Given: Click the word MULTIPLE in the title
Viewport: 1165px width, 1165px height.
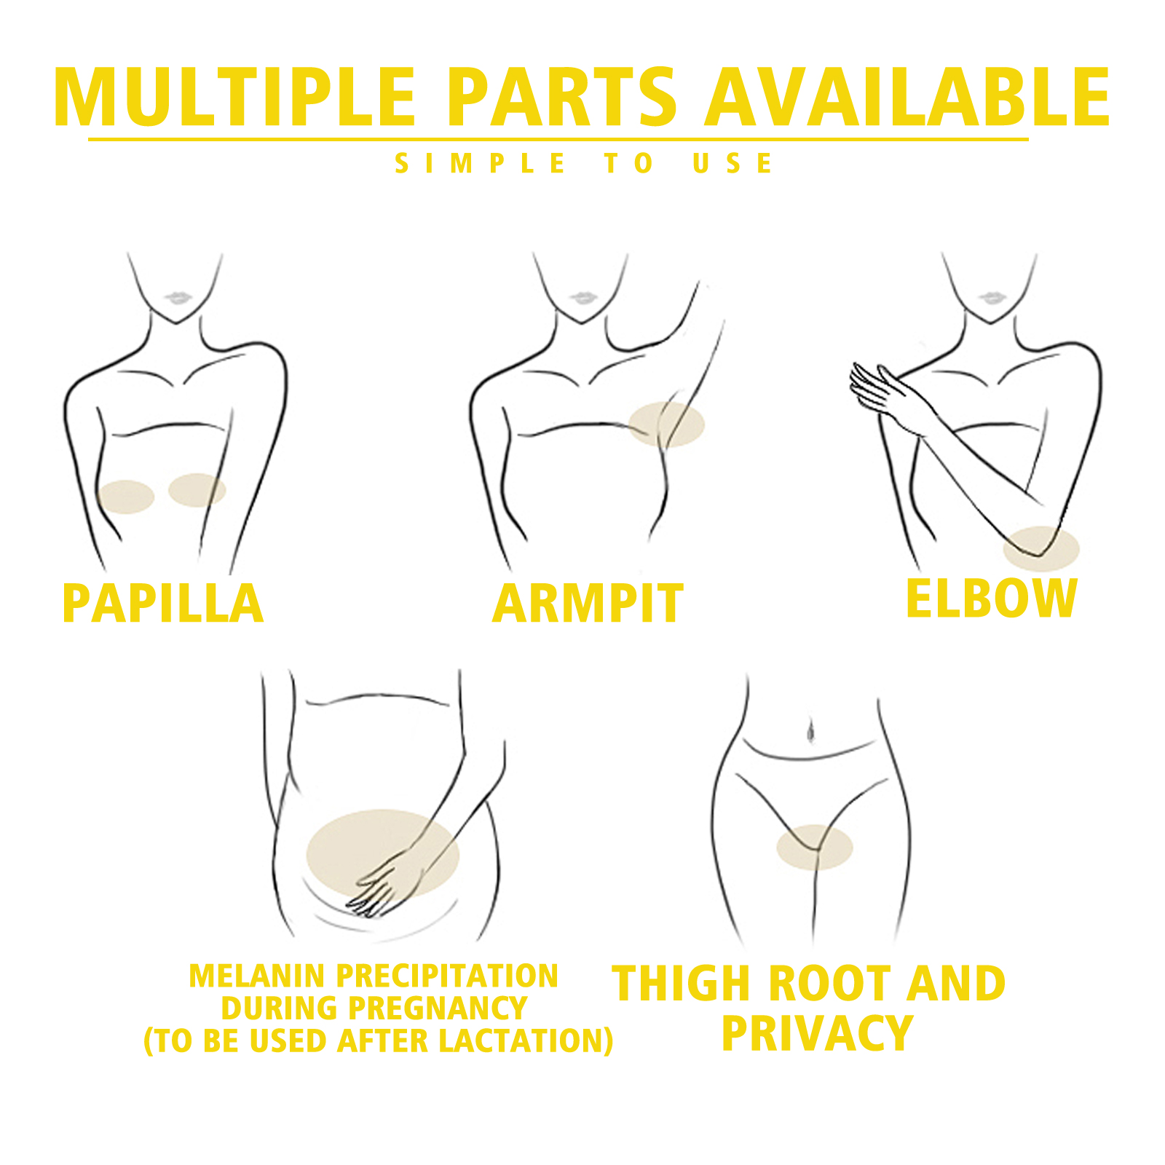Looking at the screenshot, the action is click(234, 98).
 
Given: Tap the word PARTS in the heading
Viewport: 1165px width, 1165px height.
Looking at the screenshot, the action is click(562, 98).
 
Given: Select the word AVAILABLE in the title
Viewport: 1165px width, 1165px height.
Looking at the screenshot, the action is click(908, 98).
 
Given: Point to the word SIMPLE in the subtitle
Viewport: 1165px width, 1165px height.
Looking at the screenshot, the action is click(481, 164).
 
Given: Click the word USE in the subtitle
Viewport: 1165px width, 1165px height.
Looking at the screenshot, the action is click(732, 164).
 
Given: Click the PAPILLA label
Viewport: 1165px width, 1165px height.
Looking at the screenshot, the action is click(162, 604).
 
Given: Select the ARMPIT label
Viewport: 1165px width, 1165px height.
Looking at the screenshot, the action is click(588, 604).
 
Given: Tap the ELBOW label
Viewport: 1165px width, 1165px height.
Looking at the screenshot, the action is click(991, 599).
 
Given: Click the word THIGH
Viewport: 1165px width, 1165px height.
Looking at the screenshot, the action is click(680, 984).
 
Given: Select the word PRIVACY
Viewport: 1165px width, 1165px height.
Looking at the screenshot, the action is click(817, 1033).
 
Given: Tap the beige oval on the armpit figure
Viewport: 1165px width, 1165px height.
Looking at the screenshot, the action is click(666, 424).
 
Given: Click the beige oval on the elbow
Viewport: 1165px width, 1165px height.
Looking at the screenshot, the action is click(1041, 549).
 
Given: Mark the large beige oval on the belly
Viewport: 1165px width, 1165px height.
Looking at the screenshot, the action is click(383, 854).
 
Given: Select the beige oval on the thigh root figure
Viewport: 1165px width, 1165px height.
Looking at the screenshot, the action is click(814, 848).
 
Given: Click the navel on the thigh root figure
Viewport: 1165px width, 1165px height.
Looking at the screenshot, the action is click(810, 730).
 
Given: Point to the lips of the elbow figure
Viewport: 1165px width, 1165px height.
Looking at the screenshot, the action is click(990, 298).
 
